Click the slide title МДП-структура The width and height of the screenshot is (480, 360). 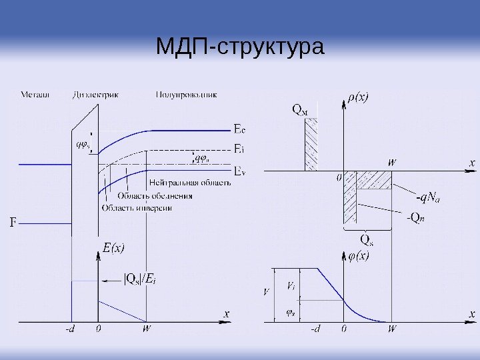click(239, 47)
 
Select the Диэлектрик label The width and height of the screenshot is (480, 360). click(95, 95)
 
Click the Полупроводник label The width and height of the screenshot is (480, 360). click(187, 95)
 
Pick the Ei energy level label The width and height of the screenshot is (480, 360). click(239, 149)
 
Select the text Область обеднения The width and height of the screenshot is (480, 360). click(155, 196)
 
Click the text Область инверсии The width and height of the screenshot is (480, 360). click(137, 208)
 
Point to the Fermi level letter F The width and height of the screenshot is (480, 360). click(11, 220)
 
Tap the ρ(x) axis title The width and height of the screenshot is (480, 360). click(358, 97)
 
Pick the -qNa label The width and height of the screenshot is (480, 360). click(429, 197)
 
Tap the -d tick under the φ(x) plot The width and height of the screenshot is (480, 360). click(315, 329)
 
